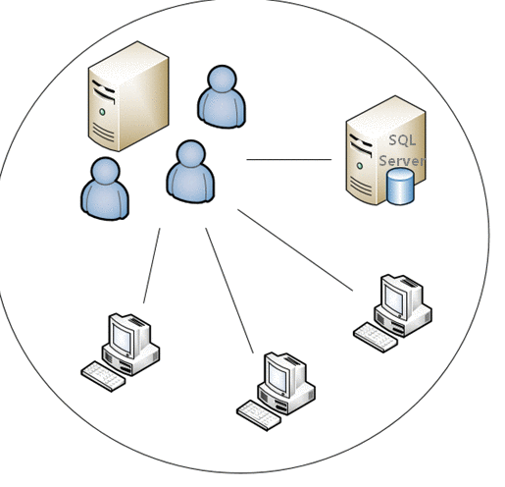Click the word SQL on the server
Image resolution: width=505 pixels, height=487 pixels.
coord(402,140)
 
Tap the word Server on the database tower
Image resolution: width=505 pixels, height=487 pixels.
coord(402,161)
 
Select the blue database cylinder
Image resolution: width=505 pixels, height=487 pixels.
coord(400,187)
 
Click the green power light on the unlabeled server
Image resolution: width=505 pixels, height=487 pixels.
coord(102,112)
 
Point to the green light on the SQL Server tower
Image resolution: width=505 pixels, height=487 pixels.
coord(360,166)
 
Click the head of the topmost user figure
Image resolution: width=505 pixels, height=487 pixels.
coord(222,80)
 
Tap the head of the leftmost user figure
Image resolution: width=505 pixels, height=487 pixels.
coord(105,172)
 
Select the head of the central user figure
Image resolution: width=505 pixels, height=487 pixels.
coord(191,154)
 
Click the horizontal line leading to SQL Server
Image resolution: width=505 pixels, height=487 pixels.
coord(289,159)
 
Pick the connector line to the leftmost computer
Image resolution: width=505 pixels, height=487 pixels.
coord(152,265)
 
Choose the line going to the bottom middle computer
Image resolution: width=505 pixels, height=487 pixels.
coord(229,291)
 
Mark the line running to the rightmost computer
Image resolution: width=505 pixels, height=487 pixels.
coord(295,249)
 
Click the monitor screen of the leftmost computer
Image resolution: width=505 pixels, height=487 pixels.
coord(122,338)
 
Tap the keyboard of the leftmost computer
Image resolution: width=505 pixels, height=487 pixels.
coord(103,376)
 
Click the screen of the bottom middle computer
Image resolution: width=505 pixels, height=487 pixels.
coord(278,377)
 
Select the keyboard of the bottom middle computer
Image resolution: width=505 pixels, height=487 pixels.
coord(259,415)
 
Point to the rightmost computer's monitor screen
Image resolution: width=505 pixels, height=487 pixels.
coord(394,299)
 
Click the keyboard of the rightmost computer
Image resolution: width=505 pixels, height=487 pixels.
coord(376,337)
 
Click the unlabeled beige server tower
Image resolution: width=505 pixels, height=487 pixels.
coord(128,96)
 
